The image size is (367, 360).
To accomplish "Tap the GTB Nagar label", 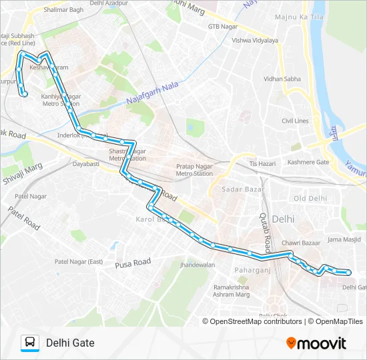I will (x=222, y=27).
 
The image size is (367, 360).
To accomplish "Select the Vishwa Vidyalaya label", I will (x=255, y=41).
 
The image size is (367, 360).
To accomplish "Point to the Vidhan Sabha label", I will (x=282, y=79).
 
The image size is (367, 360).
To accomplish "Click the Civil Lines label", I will (x=295, y=121).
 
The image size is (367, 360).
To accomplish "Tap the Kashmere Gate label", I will (x=308, y=163).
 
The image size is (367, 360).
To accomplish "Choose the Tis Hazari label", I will (x=262, y=163).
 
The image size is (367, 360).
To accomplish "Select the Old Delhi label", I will (x=310, y=199).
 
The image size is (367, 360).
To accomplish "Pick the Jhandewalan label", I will (x=197, y=265).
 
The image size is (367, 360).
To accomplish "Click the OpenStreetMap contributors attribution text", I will (x=256, y=321).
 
